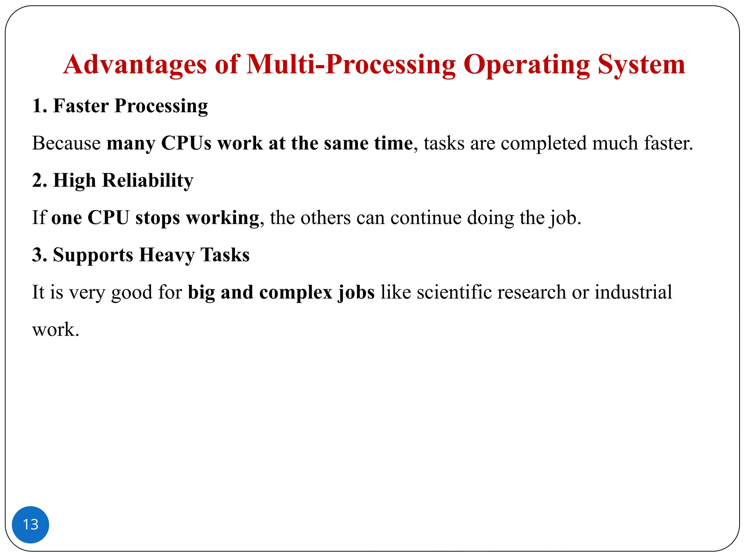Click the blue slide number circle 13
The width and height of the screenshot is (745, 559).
pos(31,524)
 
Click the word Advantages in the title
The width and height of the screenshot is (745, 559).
pos(135,65)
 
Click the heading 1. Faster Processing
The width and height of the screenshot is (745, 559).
pos(120,106)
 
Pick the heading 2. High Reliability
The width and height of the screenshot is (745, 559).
pos(113,181)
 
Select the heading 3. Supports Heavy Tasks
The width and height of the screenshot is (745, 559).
pos(141,255)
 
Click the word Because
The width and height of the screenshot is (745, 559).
pos(66,143)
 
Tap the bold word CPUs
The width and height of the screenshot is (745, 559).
pos(186,143)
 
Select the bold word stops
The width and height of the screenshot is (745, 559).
pos(158,218)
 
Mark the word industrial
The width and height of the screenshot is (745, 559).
pos(633,292)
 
